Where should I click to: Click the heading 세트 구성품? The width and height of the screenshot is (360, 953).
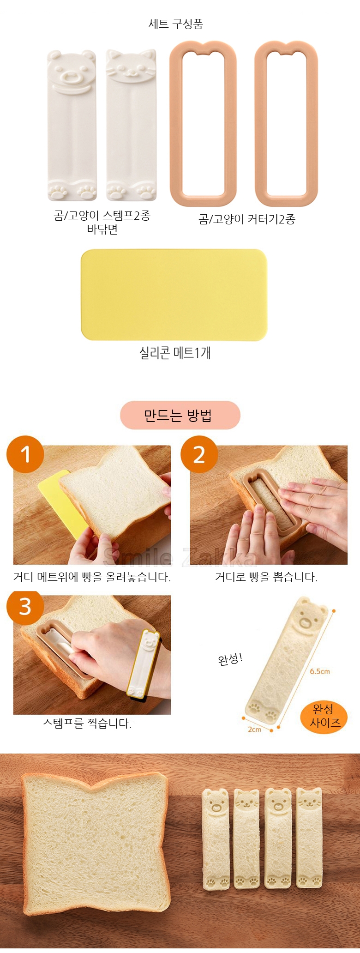[176, 24]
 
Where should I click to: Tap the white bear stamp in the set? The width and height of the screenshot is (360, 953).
[72, 126]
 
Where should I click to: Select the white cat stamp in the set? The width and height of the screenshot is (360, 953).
[131, 126]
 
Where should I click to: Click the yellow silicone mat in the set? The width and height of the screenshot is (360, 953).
[174, 295]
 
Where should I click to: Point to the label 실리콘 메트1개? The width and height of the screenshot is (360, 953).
[175, 353]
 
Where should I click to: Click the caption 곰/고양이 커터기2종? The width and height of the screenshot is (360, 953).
[247, 219]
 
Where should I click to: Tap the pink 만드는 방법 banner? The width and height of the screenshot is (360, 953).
[180, 415]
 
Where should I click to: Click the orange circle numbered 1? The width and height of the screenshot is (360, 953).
[25, 454]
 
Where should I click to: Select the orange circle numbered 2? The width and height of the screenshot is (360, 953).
[199, 454]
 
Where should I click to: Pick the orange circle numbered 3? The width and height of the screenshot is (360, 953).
[25, 606]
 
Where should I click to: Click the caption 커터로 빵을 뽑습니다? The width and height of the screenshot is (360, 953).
[266, 577]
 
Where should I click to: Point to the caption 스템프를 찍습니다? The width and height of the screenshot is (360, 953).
[87, 724]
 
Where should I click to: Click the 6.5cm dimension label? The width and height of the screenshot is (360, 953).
[320, 671]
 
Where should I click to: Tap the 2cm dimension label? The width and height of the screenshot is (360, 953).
[254, 730]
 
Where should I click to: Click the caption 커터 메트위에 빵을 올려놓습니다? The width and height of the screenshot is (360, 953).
[92, 577]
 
